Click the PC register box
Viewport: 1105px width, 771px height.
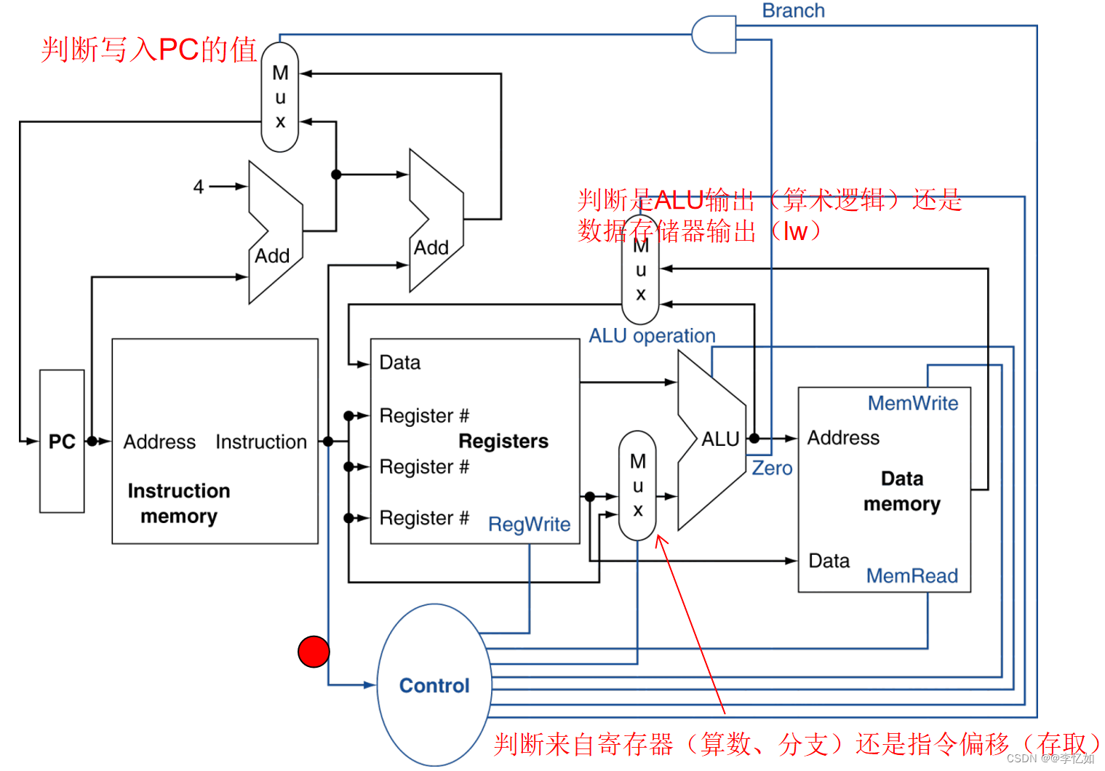(x=62, y=442)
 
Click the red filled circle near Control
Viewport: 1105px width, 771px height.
(x=314, y=651)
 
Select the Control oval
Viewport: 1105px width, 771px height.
(x=434, y=685)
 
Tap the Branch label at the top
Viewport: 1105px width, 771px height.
(x=793, y=11)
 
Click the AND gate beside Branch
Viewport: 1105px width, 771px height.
(x=714, y=34)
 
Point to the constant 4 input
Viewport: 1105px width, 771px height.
(x=198, y=187)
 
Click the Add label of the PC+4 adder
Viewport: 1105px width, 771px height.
(x=272, y=256)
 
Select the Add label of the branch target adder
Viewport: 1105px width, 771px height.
(x=431, y=248)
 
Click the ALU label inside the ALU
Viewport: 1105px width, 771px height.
(x=720, y=439)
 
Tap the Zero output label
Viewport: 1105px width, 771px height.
(x=772, y=468)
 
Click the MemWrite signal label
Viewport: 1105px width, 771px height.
(x=913, y=403)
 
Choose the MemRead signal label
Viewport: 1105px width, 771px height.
(x=912, y=576)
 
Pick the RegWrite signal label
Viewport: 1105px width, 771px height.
(x=529, y=524)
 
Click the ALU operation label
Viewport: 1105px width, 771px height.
(x=652, y=336)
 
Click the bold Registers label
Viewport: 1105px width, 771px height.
(x=503, y=442)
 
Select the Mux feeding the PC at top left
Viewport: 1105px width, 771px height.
(x=280, y=97)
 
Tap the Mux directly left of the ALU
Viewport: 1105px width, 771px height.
(x=637, y=485)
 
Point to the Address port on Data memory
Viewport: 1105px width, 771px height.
(x=843, y=438)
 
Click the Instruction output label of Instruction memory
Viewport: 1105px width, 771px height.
(x=261, y=442)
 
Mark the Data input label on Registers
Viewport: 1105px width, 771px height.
(x=400, y=363)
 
